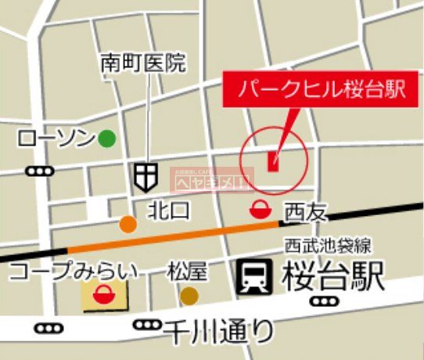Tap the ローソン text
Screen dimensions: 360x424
[x=56, y=139]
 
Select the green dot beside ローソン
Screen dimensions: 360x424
[x=106, y=139]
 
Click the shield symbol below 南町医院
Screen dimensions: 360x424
[x=144, y=177]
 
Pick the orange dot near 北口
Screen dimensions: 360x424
[x=128, y=225]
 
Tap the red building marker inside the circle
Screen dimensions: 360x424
[x=273, y=160]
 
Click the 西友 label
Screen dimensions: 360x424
[x=304, y=211]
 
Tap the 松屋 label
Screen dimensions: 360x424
[x=188, y=272]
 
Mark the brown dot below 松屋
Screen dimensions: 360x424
[x=189, y=296]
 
